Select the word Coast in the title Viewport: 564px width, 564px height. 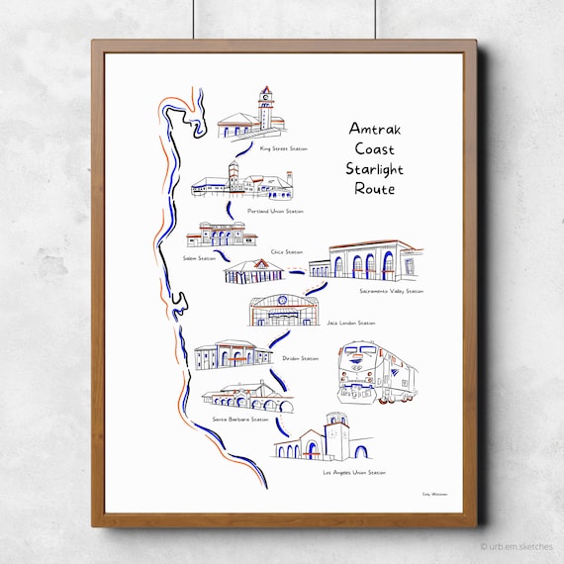(371, 148)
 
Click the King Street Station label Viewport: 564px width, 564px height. (283, 149)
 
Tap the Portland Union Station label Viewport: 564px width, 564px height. (275, 212)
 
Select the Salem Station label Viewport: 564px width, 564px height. (199, 257)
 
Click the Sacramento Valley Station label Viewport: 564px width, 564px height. (391, 291)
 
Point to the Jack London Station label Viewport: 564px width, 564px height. (351, 323)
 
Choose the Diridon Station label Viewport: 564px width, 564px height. (300, 358)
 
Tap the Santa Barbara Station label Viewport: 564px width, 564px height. (240, 419)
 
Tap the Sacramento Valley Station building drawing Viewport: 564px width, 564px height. (366, 260)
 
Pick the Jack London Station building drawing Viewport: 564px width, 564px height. (285, 310)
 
